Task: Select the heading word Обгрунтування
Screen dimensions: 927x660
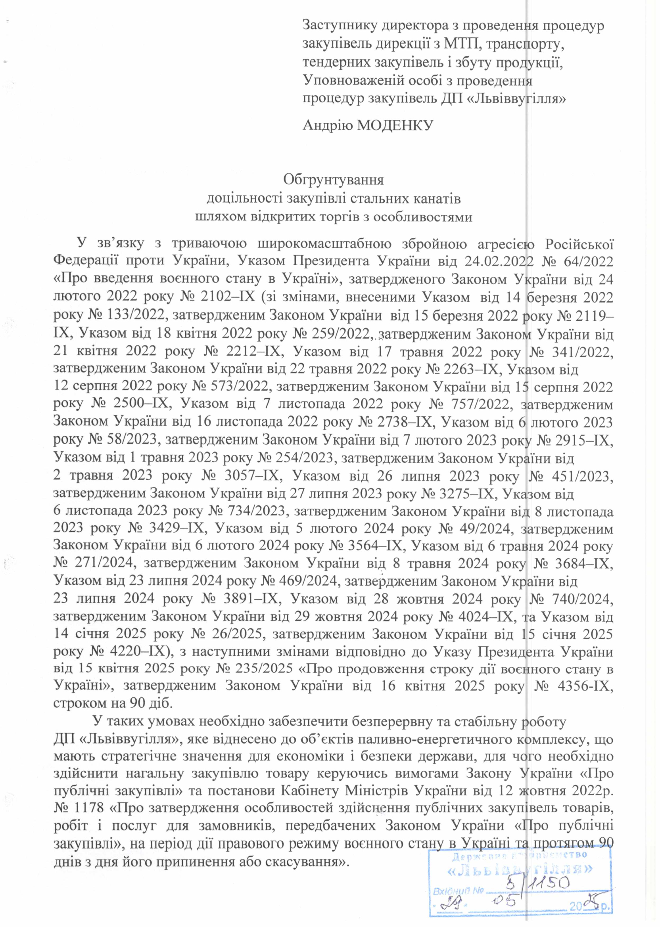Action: pyautogui.click(x=333, y=180)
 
